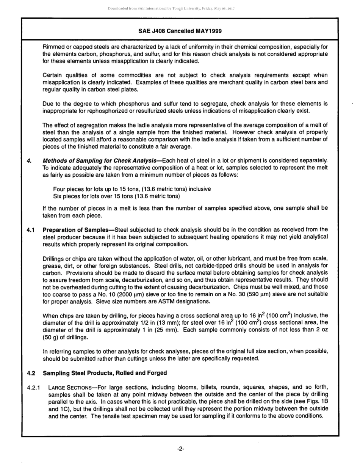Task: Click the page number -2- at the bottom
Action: pyautogui.click(x=180, y=449)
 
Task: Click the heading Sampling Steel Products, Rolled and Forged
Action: pyautogui.click(x=105, y=373)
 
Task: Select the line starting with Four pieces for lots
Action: pyautogui.click(x=132, y=189)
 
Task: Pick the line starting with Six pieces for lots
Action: pyautogui.click(x=116, y=196)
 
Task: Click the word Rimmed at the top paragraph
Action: pyautogui.click(x=54, y=47)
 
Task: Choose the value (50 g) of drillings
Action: pyautogui.click(x=51, y=337)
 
